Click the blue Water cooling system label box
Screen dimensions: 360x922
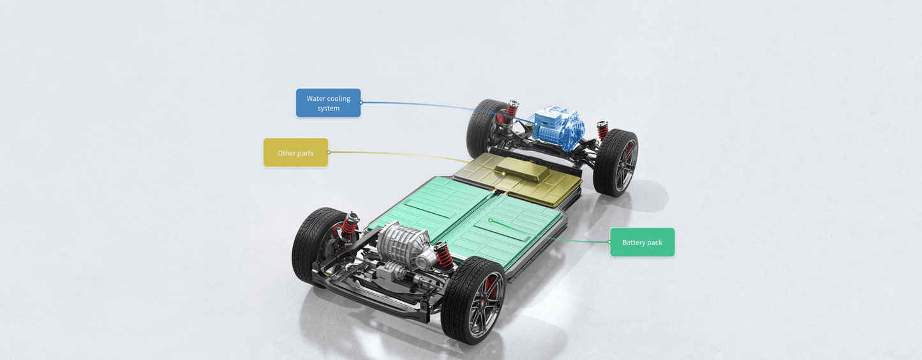(328, 103)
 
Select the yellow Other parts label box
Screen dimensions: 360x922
(295, 153)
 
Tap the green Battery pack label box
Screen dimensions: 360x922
(642, 243)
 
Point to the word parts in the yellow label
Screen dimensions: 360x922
(305, 153)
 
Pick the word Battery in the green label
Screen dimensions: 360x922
(634, 243)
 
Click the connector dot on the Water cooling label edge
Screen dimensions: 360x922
(361, 102)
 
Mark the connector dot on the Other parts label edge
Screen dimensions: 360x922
(329, 153)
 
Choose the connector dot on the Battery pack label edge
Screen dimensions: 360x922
(610, 242)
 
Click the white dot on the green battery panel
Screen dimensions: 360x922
(490, 220)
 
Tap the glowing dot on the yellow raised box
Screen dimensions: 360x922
(504, 174)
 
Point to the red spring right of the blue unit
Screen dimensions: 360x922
(602, 130)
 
